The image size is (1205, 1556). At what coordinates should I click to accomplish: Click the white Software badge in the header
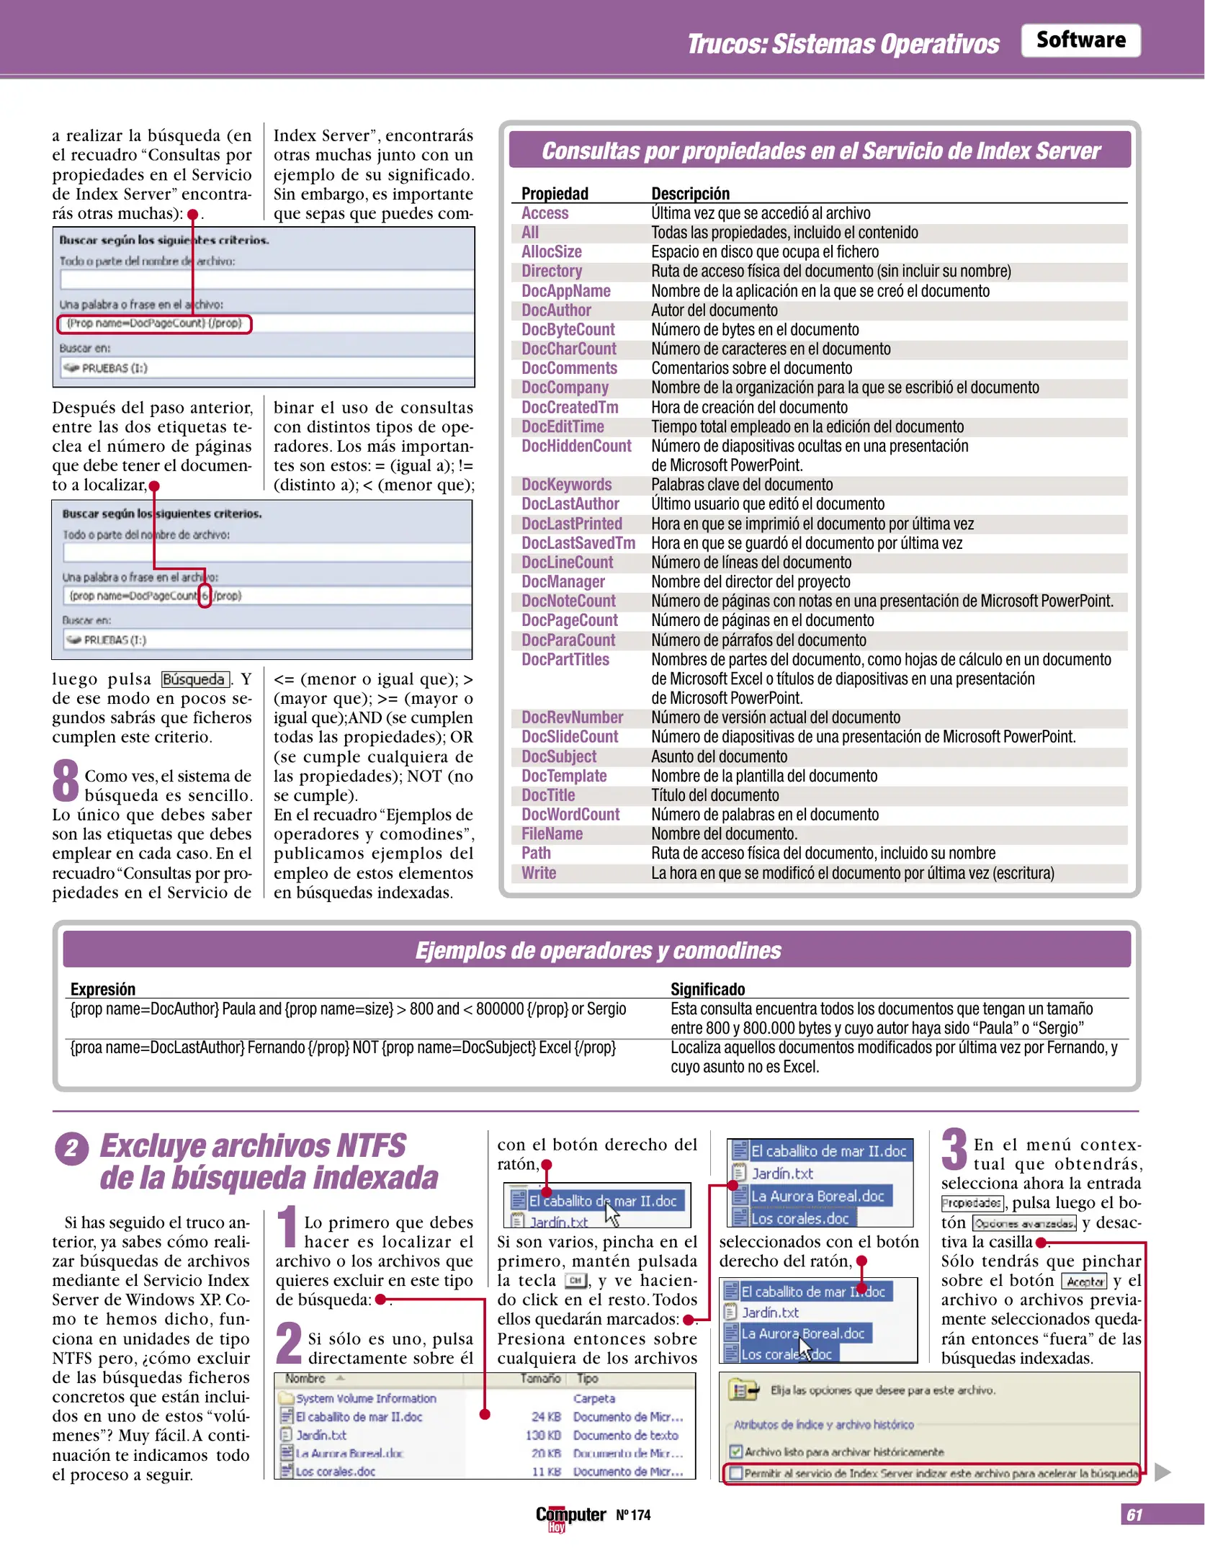tap(1080, 40)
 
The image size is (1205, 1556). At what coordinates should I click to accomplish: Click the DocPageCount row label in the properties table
tap(569, 620)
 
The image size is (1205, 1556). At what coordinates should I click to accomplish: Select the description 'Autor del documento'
tap(714, 310)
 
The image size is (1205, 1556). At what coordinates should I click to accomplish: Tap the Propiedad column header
tap(554, 193)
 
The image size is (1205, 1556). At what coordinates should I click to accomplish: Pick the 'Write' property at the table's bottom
tap(538, 872)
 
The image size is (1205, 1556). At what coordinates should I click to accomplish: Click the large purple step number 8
tap(66, 780)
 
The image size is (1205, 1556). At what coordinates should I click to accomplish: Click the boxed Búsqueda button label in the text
tap(194, 679)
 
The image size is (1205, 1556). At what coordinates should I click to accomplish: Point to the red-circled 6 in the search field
tap(205, 596)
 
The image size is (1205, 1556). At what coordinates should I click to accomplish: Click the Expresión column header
tap(102, 988)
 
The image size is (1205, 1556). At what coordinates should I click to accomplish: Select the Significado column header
tap(707, 988)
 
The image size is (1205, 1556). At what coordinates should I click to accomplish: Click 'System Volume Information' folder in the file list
tap(365, 1398)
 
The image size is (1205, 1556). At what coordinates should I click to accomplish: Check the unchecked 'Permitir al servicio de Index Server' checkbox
tap(735, 1473)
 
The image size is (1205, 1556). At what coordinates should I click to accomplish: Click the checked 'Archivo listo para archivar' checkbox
tap(735, 1452)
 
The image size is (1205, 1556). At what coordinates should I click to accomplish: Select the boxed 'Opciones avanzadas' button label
tap(1023, 1223)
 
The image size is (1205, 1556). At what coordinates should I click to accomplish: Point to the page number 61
tap(1134, 1515)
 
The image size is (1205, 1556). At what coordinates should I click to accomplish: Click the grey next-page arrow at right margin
tap(1162, 1472)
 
